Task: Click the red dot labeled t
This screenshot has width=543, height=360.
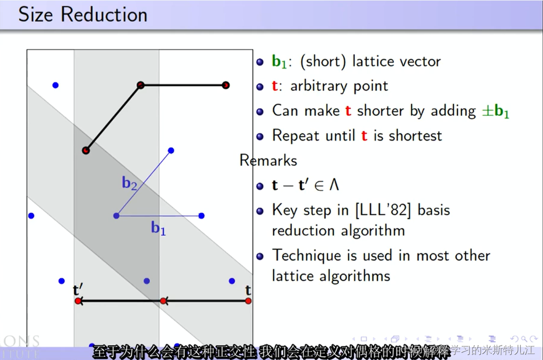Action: pyautogui.click(x=248, y=301)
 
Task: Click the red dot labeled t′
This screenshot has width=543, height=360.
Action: pyautogui.click(x=78, y=301)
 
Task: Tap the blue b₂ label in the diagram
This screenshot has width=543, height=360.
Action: pyautogui.click(x=130, y=183)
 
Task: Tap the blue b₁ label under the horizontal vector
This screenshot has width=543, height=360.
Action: pyautogui.click(x=158, y=229)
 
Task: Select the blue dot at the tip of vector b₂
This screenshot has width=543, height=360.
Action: pyautogui.click(x=171, y=151)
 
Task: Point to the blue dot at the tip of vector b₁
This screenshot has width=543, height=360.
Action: pyautogui.click(x=201, y=216)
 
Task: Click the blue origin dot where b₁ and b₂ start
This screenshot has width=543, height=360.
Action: pyautogui.click(x=116, y=216)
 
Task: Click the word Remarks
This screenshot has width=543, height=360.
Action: pyautogui.click(x=268, y=160)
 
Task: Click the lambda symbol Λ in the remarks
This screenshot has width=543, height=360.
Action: pyautogui.click(x=334, y=185)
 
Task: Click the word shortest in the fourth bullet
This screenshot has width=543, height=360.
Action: pyautogui.click(x=415, y=136)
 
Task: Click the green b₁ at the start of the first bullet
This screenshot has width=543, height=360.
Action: pyautogui.click(x=279, y=62)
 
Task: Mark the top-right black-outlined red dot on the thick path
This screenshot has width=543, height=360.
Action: pyautogui.click(x=225, y=85)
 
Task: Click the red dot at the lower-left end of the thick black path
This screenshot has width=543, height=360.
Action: pyautogui.click(x=86, y=151)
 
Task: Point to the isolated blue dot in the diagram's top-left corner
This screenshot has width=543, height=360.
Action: pyautogui.click(x=55, y=85)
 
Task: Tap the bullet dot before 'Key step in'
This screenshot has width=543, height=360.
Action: pyautogui.click(x=260, y=211)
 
